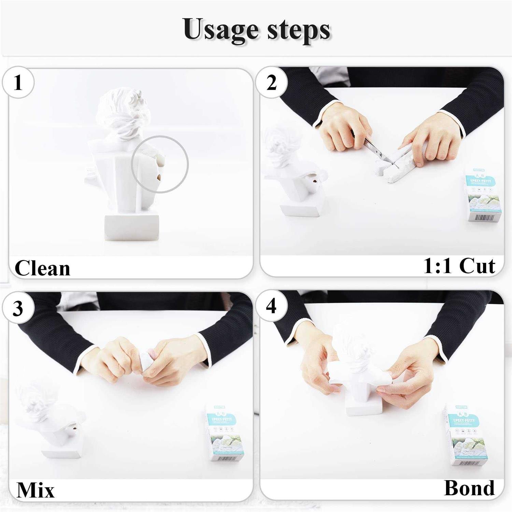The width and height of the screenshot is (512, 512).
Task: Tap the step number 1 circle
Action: point(18,83)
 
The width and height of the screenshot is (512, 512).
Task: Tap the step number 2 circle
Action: point(271,83)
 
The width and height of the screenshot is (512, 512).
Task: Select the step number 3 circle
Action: point(18,308)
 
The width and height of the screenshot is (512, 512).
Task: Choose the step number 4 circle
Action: point(271,307)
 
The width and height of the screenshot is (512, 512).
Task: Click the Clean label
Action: point(42,268)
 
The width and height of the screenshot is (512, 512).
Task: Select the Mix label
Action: point(35,490)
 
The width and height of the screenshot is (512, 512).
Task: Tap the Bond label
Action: point(469,488)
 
